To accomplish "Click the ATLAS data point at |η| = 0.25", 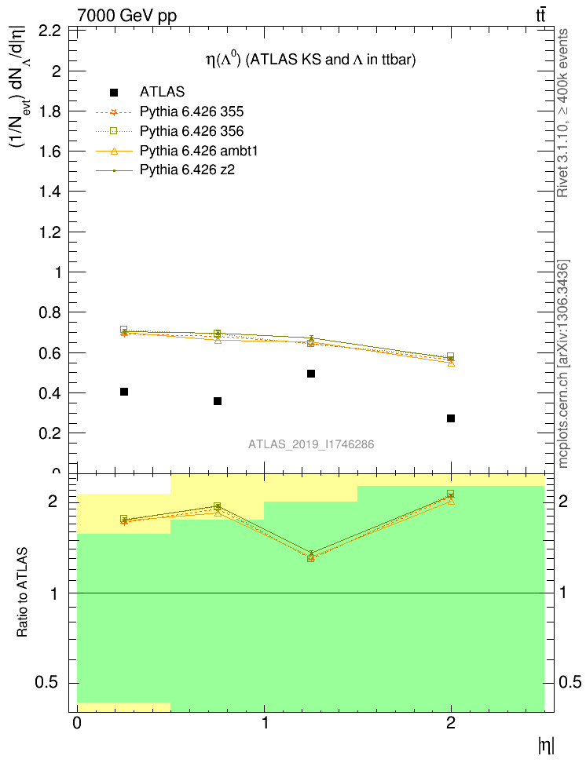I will click(124, 392).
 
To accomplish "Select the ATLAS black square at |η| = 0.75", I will click(218, 401).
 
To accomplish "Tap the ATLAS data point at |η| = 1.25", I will click(311, 374).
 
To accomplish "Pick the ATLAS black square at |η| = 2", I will click(451, 418).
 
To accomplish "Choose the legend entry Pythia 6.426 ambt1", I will click(192, 150).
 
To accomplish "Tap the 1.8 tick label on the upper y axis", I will click(50, 111).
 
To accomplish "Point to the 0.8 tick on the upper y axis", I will click(50, 312).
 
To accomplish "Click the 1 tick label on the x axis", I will click(264, 723).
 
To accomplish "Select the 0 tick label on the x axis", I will click(77, 723).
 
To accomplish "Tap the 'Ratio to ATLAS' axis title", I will click(23, 593).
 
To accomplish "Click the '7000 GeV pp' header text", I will click(127, 16).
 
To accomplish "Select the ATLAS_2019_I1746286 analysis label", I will click(311, 444).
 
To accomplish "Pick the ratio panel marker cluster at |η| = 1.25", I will click(311, 557).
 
